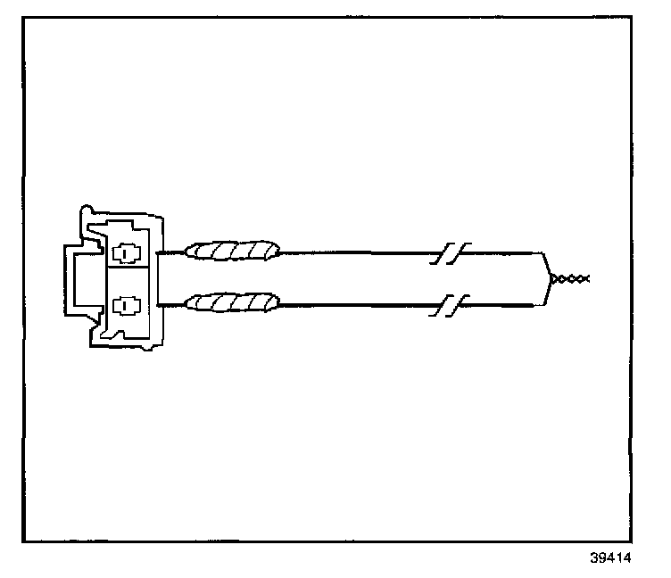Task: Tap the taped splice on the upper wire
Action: (233, 252)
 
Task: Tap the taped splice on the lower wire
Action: (233, 302)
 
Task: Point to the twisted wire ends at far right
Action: (569, 279)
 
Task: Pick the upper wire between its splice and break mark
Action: (357, 252)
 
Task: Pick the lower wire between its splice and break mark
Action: (357, 304)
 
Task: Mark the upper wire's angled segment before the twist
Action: (543, 265)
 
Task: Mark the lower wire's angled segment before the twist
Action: (543, 293)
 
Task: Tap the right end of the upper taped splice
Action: (278, 252)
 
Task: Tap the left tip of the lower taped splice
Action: (186, 304)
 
